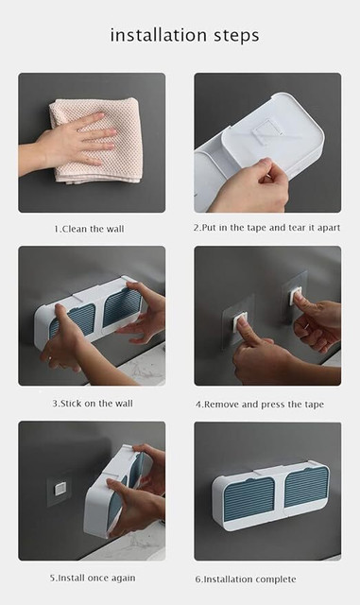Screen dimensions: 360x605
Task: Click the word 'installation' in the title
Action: [x=158, y=35]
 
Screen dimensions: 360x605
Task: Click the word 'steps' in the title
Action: [x=236, y=36]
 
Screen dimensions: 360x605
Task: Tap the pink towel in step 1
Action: [x=96, y=140]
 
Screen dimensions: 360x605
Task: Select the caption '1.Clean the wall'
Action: [x=89, y=229]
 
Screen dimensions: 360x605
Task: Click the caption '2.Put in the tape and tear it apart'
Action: [x=267, y=228]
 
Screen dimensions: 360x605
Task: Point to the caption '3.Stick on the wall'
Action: [x=93, y=404]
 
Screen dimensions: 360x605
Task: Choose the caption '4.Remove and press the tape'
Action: [x=259, y=405]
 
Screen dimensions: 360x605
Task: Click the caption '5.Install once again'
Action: [x=93, y=578]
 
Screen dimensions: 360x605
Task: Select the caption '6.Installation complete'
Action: [x=246, y=579]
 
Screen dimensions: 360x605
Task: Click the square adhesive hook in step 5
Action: [x=60, y=490]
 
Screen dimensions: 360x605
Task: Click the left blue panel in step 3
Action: [x=74, y=320]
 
